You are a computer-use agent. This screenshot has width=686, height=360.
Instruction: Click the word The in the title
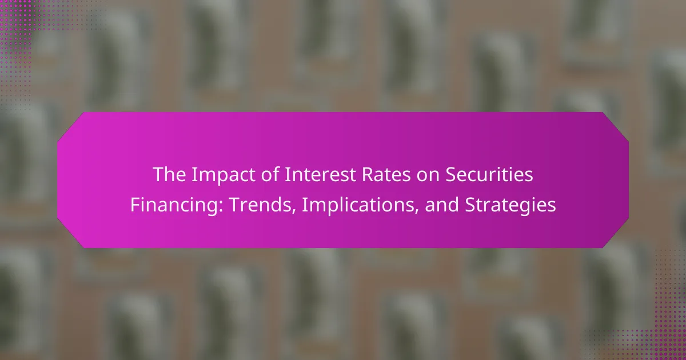click(x=169, y=174)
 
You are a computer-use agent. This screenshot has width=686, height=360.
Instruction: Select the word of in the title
click(x=270, y=174)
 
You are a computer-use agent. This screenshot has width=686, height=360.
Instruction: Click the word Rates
click(x=386, y=174)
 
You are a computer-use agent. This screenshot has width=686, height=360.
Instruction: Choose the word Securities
click(x=489, y=174)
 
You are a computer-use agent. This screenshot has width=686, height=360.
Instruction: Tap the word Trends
click(x=260, y=205)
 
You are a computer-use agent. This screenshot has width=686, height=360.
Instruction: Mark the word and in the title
click(x=442, y=205)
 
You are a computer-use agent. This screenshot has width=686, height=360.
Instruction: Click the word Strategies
click(x=510, y=205)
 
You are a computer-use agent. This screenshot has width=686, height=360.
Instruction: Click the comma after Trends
click(x=294, y=211)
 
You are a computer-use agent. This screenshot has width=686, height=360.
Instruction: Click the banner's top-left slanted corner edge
click(x=70, y=127)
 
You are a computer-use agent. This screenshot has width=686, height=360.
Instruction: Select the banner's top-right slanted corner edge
click(x=616, y=127)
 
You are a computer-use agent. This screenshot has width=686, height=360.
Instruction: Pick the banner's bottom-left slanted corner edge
click(x=70, y=233)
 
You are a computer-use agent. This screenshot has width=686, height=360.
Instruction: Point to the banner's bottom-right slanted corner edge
click(x=616, y=233)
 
